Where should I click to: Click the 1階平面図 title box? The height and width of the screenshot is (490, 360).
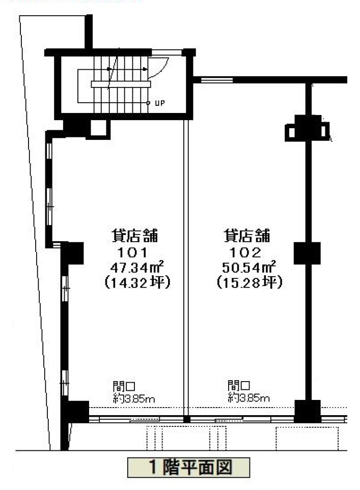[188, 468]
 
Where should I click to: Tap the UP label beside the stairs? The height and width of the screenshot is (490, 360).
[159, 103]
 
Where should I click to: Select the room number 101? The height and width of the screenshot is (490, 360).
[132, 252]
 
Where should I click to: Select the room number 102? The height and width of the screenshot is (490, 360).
[245, 252]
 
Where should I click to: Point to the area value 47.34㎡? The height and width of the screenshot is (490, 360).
[137, 268]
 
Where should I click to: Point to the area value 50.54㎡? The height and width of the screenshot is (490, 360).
[249, 268]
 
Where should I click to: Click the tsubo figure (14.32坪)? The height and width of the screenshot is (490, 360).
[137, 283]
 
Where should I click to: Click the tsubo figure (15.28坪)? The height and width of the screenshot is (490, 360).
[250, 283]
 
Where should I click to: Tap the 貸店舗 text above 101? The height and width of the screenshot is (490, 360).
[135, 236]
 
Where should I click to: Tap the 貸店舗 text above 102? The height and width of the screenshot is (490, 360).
[247, 236]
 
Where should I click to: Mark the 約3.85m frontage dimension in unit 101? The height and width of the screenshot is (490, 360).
[134, 399]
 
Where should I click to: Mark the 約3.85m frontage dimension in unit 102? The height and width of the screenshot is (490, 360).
[248, 398]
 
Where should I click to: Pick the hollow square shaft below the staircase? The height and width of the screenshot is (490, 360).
[98, 128]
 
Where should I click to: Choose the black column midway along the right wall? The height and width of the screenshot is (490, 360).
[307, 253]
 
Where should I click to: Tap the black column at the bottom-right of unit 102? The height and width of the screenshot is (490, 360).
[308, 411]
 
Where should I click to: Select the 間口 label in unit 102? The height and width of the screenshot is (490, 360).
[239, 385]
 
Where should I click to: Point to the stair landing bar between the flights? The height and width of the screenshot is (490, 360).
[121, 84]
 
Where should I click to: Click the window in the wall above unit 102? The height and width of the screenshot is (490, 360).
[217, 80]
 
